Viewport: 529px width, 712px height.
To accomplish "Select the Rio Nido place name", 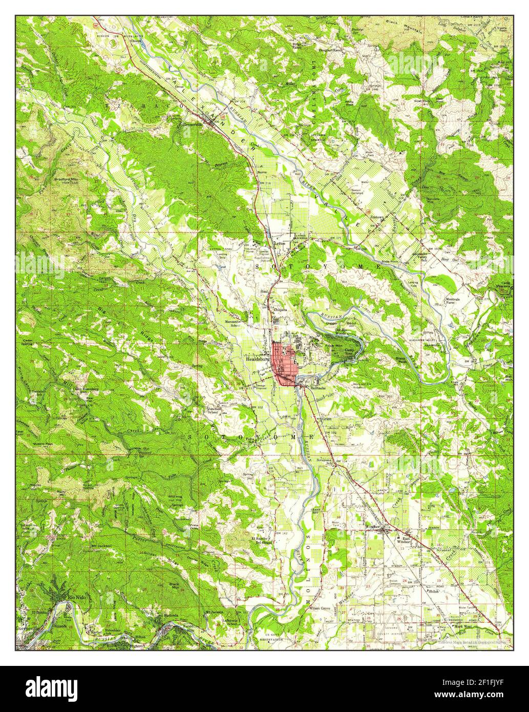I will point(72,597).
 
